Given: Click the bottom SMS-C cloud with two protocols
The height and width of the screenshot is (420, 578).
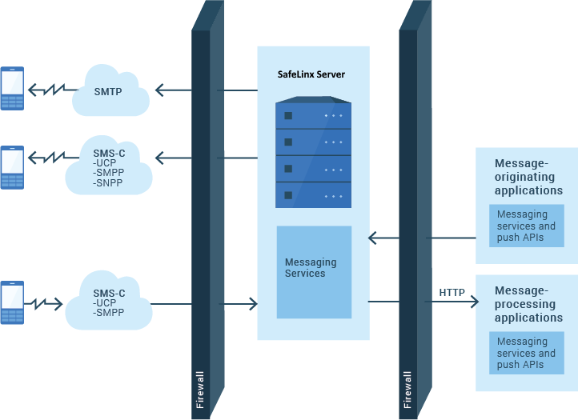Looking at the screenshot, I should coord(109,303).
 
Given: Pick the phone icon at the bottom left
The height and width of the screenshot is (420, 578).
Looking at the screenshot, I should coord(12,302).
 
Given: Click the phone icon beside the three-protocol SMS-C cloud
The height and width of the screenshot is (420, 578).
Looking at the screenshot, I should coord(12,167).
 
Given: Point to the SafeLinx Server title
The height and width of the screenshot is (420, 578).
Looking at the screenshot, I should coord(311,74).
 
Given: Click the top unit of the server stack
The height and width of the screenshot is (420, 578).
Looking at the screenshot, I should coord(313,115).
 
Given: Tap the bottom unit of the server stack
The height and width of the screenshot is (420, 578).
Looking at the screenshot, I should coord(313,194).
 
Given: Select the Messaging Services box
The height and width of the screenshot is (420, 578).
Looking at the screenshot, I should coord(314,269).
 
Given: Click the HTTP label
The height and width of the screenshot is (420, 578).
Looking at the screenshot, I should coord(452,292).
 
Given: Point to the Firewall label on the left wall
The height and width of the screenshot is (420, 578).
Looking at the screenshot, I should coord(200,390).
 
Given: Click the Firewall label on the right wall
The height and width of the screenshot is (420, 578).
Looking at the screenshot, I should coord(408,390).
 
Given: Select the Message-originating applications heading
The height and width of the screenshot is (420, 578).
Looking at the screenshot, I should coord(528,177).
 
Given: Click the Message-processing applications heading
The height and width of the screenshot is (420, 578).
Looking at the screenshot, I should coord(528,304).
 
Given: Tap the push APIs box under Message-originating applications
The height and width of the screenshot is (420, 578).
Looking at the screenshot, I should coord(525,226).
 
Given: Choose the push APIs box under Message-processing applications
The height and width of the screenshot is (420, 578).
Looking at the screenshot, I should coord(525,353).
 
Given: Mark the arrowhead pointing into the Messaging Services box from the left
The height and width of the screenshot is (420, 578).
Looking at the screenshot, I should coord(254,304).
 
